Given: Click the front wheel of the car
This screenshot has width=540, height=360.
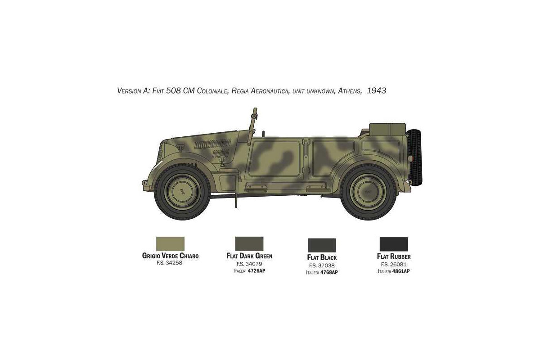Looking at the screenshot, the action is [x=182, y=192].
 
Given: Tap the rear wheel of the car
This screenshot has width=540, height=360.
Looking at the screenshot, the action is [x=368, y=192].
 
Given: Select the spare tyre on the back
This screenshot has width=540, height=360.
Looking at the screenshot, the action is [x=414, y=157].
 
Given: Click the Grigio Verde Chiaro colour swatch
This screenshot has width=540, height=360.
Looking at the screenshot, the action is [x=170, y=244].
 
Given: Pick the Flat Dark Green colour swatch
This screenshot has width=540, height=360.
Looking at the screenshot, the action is [x=249, y=244].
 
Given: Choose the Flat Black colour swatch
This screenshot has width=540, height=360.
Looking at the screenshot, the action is [x=322, y=245].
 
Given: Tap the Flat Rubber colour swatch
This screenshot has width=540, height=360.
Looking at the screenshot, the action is [x=394, y=244].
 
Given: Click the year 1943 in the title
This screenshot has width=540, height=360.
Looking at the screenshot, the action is [x=377, y=90].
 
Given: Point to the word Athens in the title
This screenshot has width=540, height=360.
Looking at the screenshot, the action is [x=350, y=91].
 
